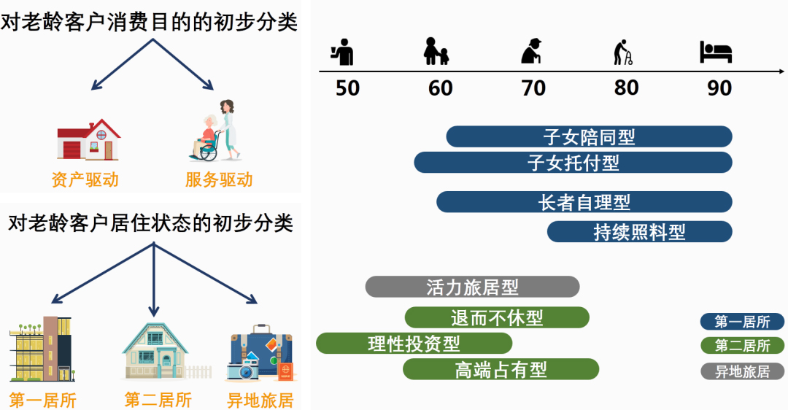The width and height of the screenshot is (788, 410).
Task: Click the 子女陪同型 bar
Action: coord(589,136)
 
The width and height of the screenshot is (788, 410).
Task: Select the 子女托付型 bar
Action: coord(573,163)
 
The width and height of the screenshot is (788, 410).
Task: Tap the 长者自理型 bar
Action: coord(584,202)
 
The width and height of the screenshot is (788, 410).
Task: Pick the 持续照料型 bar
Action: coord(639,232)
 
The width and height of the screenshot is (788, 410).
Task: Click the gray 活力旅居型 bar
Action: coord(472,287)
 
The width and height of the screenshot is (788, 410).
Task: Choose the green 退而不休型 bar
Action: coord(497,317)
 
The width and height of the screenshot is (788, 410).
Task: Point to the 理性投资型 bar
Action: coord(414,343)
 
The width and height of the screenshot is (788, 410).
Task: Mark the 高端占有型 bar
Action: coord(501,369)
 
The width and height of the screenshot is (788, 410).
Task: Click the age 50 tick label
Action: coord(347,88)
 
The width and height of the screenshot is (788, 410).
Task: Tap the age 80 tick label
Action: coord(626,88)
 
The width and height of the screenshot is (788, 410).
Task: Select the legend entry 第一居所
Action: coord(742,322)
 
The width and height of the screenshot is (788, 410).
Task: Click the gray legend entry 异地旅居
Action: coord(742,371)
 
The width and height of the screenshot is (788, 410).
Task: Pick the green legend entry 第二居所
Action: coord(742,346)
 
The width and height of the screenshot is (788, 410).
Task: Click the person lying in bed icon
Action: coord(715,52)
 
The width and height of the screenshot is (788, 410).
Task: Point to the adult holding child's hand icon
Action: coord(436,51)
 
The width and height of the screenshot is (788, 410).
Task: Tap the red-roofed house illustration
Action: coord(88,140)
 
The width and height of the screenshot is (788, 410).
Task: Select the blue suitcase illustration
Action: coord(260,355)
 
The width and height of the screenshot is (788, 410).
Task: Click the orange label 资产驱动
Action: coord(85,179)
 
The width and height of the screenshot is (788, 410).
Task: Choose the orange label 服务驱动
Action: coord(219,179)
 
